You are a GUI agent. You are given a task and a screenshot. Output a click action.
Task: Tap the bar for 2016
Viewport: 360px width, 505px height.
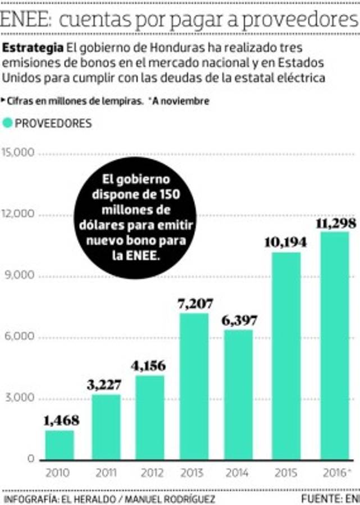click(x=335, y=346)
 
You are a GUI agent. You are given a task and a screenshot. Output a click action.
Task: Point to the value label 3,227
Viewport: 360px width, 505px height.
click(x=106, y=386)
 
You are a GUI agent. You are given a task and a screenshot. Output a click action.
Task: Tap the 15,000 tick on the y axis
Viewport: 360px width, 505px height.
click(x=19, y=153)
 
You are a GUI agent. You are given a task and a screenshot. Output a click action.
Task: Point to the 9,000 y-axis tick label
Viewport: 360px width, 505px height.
click(x=20, y=276)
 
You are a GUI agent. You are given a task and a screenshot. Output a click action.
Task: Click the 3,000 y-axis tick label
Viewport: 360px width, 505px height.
click(x=20, y=399)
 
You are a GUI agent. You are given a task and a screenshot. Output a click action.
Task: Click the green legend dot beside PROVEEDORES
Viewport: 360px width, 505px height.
click(x=7, y=123)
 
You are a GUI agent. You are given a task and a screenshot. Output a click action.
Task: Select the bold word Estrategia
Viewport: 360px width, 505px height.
click(x=33, y=46)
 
